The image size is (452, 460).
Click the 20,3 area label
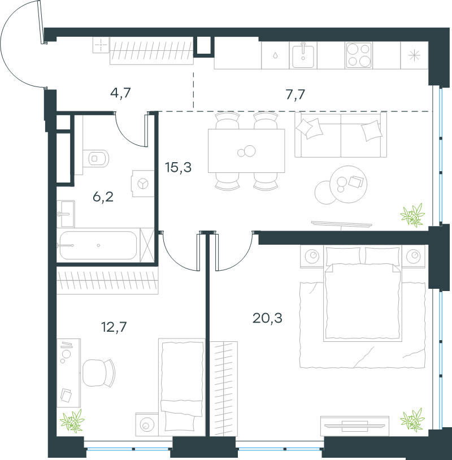[267, 318]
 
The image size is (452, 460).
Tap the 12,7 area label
[114, 327]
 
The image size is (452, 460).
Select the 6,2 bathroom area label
[103, 197]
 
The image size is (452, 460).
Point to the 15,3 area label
[178, 167]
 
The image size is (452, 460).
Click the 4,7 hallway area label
[120, 93]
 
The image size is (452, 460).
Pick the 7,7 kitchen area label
[295, 95]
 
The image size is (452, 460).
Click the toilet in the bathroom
[96, 158]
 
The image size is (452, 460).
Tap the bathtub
[98, 245]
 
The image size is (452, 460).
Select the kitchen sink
[303, 55]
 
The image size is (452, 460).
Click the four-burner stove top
[359, 55]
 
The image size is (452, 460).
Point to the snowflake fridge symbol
[414, 55]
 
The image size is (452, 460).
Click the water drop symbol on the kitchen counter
[275, 55]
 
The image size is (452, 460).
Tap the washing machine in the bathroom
[143, 184]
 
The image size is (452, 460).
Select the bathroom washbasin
[66, 214]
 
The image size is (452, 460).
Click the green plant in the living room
[413, 215]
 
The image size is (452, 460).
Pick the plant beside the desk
[72, 421]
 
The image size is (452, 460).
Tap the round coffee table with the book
[349, 184]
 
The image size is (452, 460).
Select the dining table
[246, 151]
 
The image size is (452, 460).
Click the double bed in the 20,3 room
[363, 294]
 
